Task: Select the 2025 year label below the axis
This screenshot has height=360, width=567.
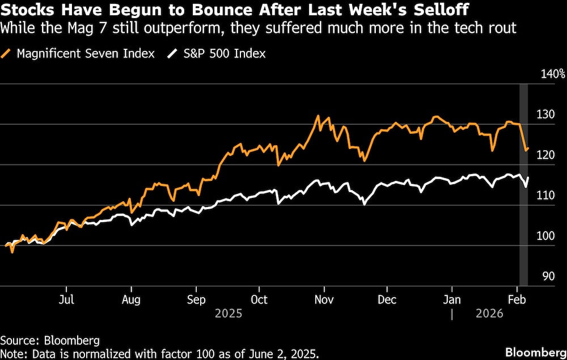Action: pos(229,314)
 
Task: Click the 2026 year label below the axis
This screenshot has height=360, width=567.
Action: pos(489,314)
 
